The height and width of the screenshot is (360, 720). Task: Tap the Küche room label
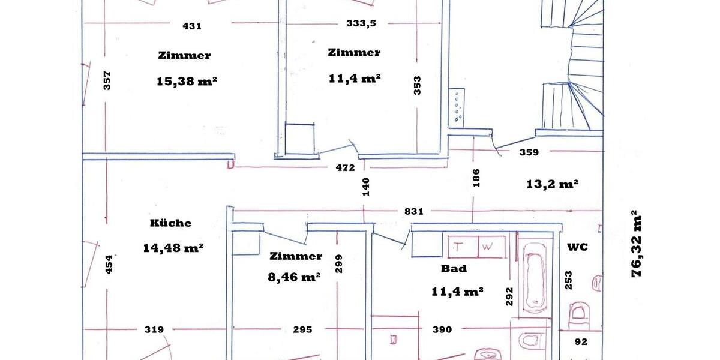tap(171, 223)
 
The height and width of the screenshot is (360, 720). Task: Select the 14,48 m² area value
tap(173, 247)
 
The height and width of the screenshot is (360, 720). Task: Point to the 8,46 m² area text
tap(294, 277)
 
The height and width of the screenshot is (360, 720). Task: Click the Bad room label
tap(454, 268)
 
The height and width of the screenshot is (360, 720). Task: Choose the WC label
tap(577, 247)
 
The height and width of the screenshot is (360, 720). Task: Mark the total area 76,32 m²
tap(636, 243)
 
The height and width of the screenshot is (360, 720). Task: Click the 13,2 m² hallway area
tap(552, 184)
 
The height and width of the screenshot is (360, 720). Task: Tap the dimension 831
tap(414, 211)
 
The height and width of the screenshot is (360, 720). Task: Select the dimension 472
tap(346, 167)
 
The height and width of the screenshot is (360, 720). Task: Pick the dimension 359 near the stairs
tap(529, 152)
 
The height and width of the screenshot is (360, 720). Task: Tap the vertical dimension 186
tap(476, 178)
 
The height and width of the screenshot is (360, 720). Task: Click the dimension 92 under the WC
tap(581, 342)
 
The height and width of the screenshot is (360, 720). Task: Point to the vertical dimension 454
tap(109, 264)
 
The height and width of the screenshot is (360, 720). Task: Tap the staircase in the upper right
tap(573, 66)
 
